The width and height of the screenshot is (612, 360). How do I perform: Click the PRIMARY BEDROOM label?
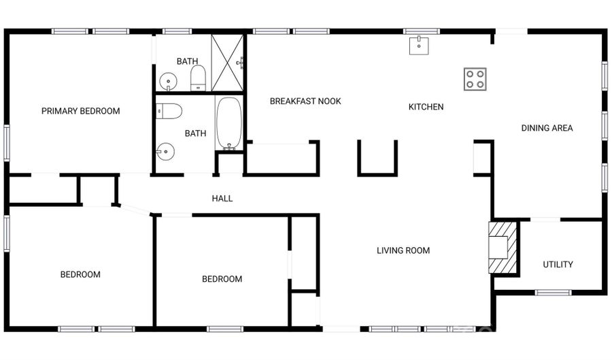[80, 111]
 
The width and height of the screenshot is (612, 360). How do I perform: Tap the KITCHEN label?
[426, 107]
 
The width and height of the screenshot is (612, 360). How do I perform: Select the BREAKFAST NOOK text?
[305, 101]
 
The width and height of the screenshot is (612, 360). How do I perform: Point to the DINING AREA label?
[547, 128]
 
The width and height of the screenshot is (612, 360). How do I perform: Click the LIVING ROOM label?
[403, 250]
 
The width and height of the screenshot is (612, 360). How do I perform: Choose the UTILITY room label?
[558, 264]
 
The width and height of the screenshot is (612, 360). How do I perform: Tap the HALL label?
[222, 199]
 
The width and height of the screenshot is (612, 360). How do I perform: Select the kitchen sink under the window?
[419, 46]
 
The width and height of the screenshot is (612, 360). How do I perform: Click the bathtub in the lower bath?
[229, 123]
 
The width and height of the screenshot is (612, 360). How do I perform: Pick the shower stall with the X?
[227, 63]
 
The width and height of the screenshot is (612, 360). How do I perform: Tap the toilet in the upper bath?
[198, 78]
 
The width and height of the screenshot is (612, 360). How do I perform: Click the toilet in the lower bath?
[169, 111]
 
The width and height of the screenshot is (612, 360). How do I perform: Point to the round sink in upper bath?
[168, 82]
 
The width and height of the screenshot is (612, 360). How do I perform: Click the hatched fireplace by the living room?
[503, 247]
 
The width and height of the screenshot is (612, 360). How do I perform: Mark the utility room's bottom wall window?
[552, 293]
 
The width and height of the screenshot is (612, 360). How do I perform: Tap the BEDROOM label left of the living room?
[222, 279]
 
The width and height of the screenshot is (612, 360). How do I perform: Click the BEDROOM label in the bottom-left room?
[80, 275]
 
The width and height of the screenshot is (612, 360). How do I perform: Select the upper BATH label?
[187, 61]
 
